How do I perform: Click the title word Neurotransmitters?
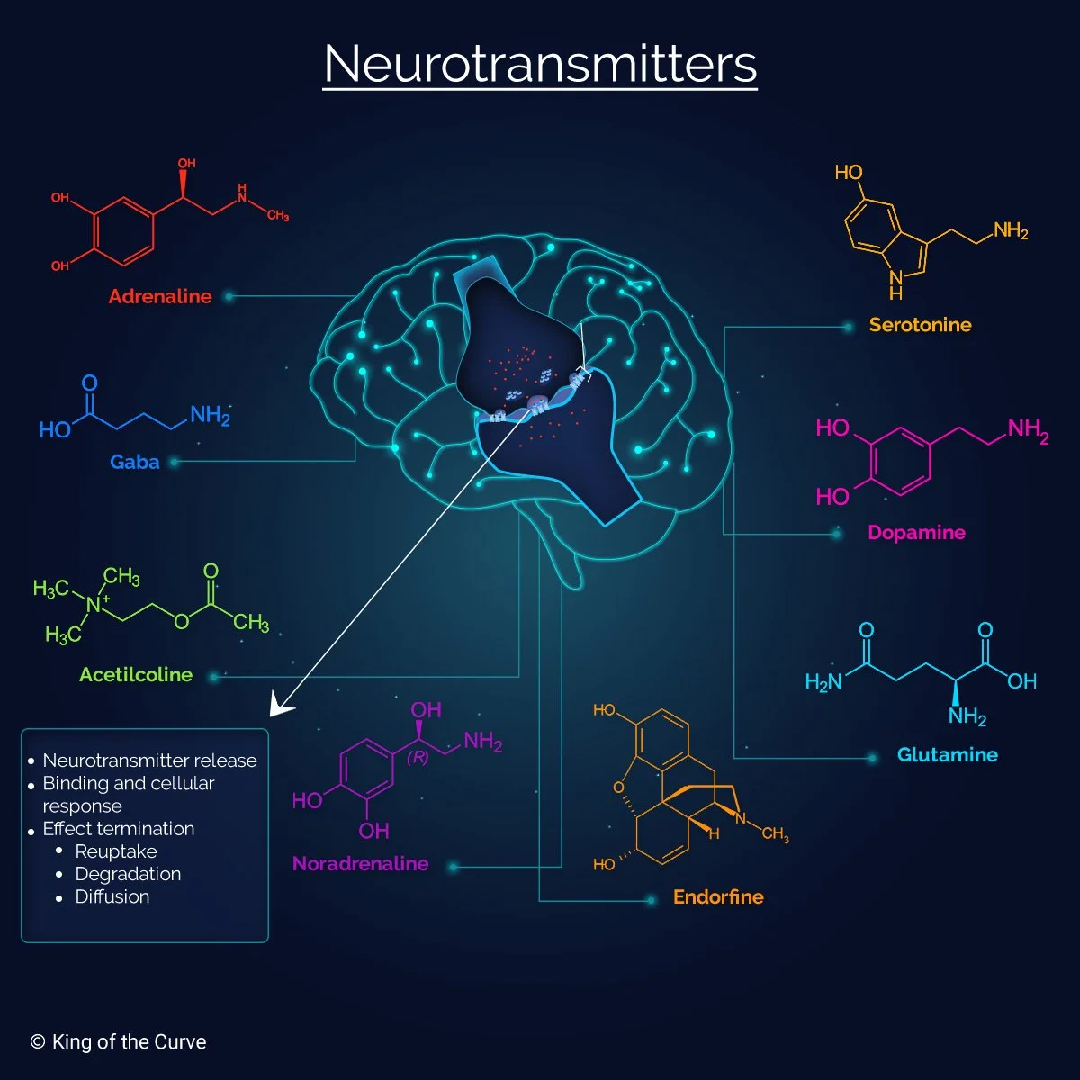point(540,65)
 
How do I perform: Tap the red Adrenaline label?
point(160,296)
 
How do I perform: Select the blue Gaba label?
point(135,462)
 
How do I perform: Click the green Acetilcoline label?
point(136,674)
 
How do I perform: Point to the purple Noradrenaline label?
point(360,864)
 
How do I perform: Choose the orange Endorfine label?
point(718,896)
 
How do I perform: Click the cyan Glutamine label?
point(947,754)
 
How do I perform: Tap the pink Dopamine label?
point(916,532)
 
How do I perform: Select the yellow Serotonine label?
point(920,325)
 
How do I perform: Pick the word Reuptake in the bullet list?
point(116,851)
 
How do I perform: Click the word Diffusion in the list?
point(112,896)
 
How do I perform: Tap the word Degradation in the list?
point(128,874)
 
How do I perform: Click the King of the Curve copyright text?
point(119,1042)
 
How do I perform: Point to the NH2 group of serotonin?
point(1011,231)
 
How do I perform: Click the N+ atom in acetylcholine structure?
point(96,604)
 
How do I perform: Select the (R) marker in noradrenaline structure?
point(418,758)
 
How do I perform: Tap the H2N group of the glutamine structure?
point(823,681)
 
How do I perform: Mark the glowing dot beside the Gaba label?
point(175,462)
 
